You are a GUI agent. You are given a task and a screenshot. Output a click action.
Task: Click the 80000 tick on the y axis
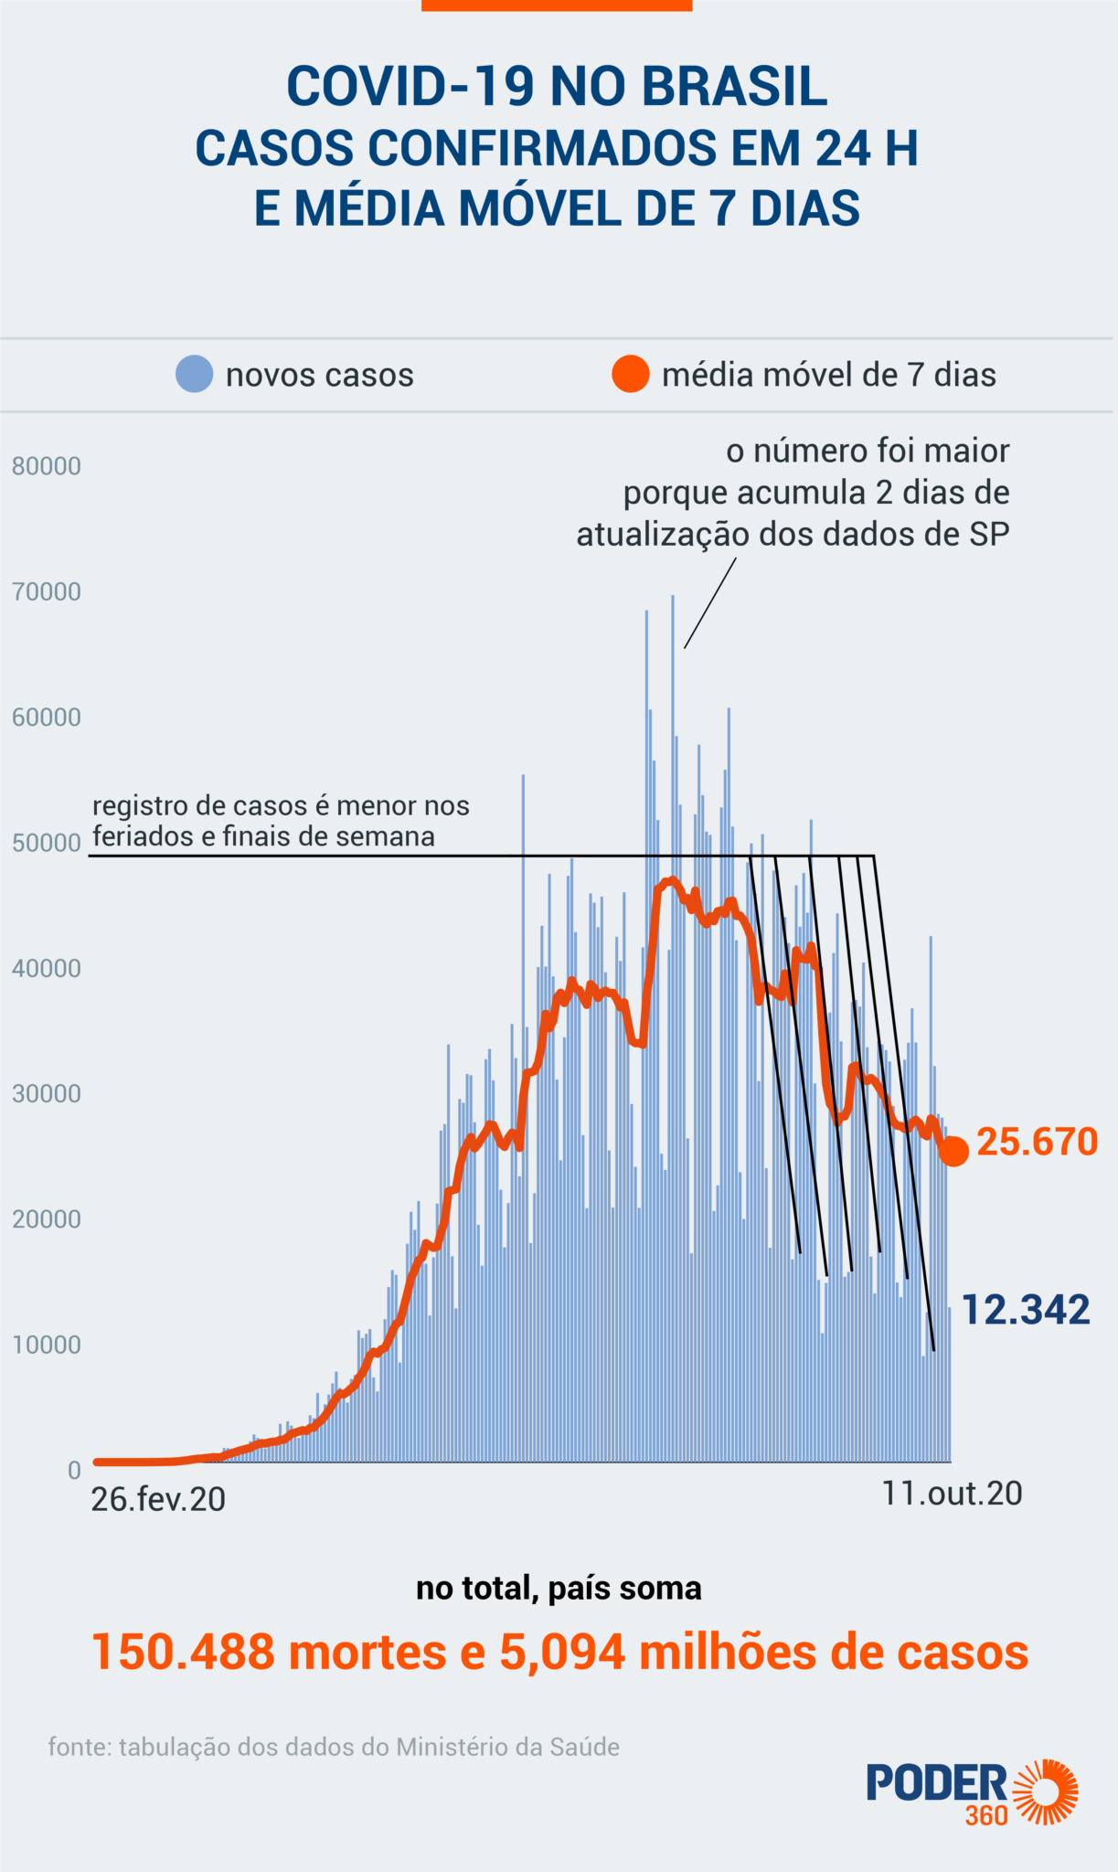[47, 466]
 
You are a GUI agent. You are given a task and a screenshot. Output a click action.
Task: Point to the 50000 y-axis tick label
[47, 843]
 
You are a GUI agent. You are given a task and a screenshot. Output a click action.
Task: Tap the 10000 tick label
[47, 1345]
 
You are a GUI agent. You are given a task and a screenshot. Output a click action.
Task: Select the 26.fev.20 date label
[158, 1500]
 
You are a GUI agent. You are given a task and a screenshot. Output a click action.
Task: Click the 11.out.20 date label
[952, 1494]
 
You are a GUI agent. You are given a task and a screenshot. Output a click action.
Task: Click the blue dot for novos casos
[194, 374]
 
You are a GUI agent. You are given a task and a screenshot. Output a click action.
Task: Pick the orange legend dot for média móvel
[630, 374]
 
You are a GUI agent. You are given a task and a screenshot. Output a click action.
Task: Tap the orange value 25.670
[1037, 1142]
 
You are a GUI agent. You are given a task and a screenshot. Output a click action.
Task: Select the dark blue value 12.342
[1026, 1310]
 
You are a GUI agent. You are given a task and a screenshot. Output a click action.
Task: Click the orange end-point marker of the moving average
[953, 1152]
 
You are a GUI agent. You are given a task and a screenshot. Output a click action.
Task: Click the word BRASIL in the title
[734, 87]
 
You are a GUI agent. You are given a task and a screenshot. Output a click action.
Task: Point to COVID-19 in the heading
[410, 87]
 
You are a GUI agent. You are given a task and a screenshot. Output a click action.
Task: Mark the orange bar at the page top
[556, 5]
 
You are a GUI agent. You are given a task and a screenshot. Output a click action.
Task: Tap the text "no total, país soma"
[559, 1588]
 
